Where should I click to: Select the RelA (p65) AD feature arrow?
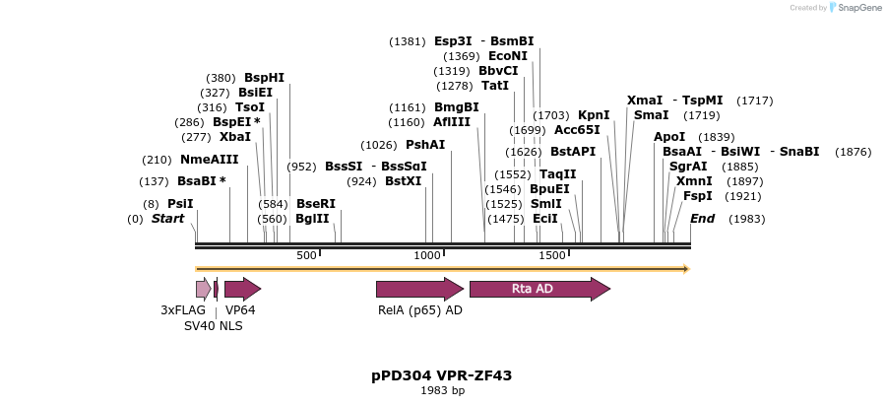click(x=418, y=289)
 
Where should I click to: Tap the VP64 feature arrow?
click(x=241, y=289)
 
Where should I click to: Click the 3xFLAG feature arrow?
click(x=203, y=289)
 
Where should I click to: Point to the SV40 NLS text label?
click(x=213, y=325)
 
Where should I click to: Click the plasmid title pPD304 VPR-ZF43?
click(x=442, y=375)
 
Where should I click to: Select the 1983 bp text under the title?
click(x=442, y=391)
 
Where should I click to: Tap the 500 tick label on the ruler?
click(x=306, y=255)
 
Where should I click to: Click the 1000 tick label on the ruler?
click(x=427, y=255)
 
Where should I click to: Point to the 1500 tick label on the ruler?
click(x=551, y=255)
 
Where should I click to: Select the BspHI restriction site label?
click(x=264, y=77)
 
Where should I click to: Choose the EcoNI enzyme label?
click(x=508, y=56)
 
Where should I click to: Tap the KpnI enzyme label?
click(x=594, y=114)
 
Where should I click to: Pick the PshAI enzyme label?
click(x=425, y=144)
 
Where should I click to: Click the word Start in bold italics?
click(x=167, y=218)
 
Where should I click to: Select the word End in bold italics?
click(x=702, y=218)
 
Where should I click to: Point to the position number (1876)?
click(x=853, y=151)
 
